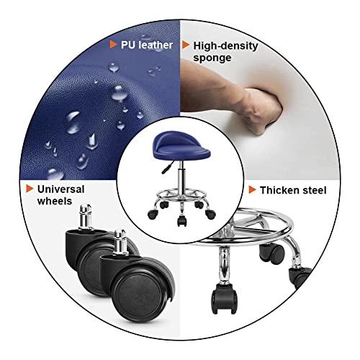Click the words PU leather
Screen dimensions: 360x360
[x=146, y=45]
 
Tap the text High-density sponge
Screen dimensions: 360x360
[x=225, y=51]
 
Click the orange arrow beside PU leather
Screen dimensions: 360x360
[x=113, y=45]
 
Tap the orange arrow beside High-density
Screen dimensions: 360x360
[x=185, y=45]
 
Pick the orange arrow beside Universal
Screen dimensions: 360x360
[x=30, y=189]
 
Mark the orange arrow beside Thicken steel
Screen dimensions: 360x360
[x=252, y=190]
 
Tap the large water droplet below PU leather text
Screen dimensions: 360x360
[x=114, y=68]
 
